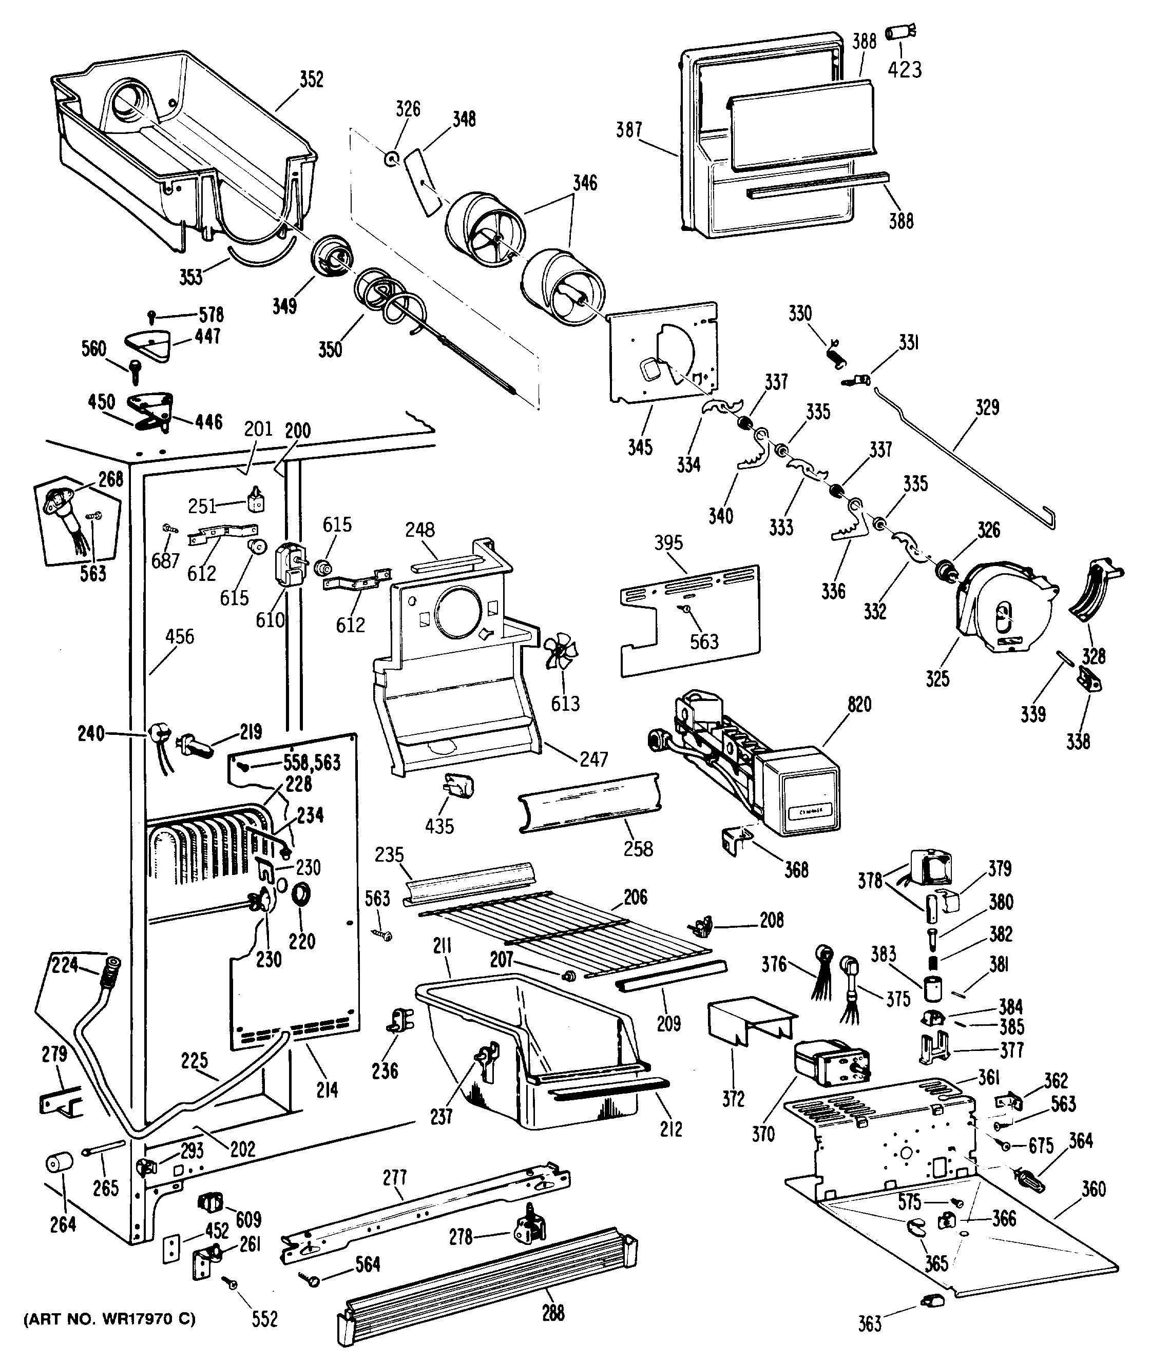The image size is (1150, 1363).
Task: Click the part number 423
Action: click(905, 70)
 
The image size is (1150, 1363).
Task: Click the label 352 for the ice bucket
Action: click(311, 80)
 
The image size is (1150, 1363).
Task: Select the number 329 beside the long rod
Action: click(987, 408)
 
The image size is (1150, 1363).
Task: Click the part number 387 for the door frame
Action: click(629, 130)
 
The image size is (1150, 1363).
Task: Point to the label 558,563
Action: click(312, 762)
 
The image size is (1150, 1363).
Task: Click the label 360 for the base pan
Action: click(1094, 1189)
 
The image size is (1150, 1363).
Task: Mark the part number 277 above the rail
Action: click(394, 1177)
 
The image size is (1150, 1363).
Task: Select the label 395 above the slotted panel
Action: click(668, 543)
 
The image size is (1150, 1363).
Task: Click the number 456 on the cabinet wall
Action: click(179, 636)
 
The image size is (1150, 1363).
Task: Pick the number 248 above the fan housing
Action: click(419, 530)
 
